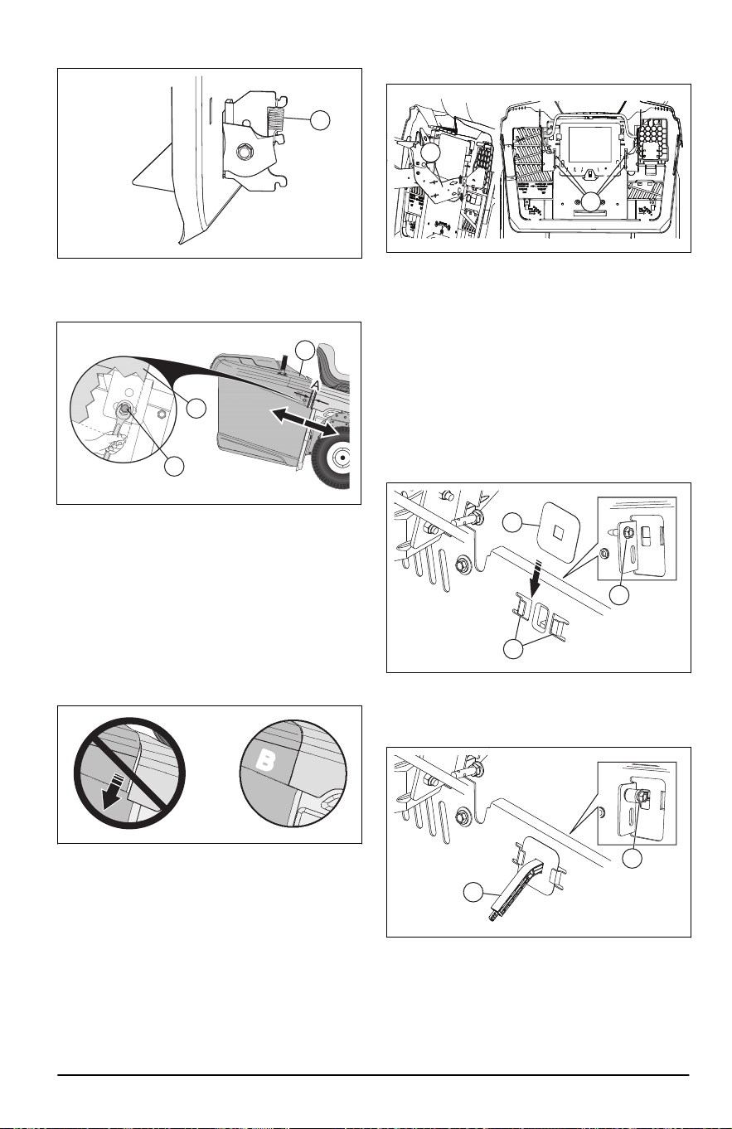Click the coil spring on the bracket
point(274,120)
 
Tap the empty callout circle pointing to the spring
point(320,120)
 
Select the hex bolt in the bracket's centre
point(247,150)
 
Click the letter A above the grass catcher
point(315,385)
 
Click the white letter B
point(265,762)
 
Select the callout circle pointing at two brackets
point(514,649)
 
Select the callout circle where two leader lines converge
point(591,201)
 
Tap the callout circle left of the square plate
point(513,522)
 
